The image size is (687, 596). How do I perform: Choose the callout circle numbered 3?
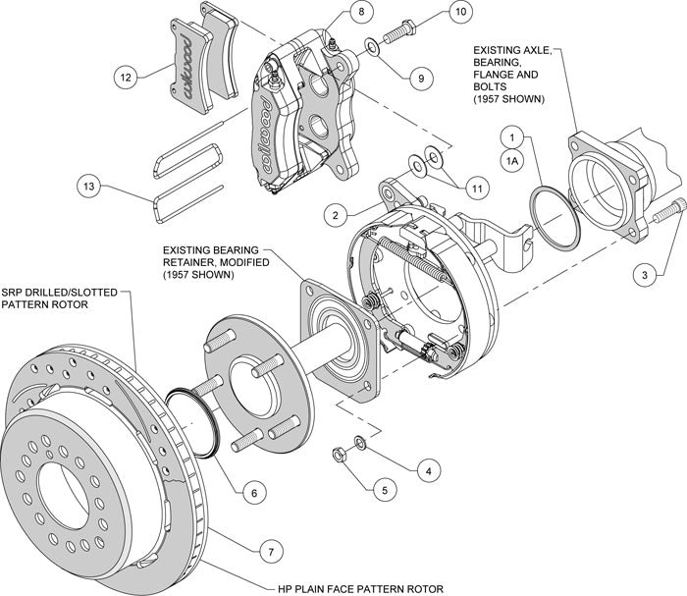click(644, 277)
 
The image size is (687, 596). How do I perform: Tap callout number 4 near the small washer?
click(424, 470)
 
